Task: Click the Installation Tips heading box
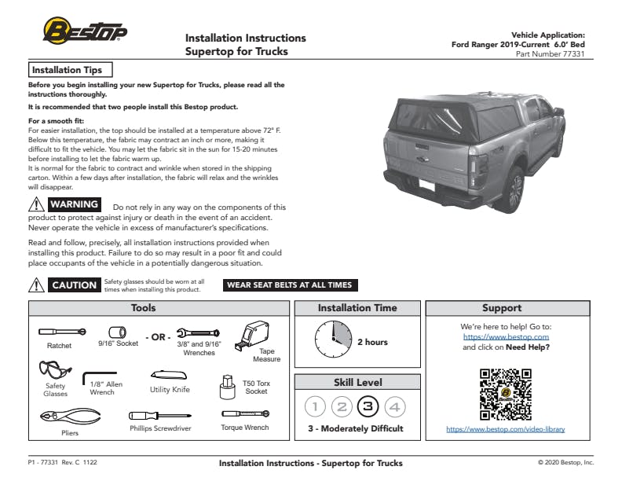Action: pos(71,70)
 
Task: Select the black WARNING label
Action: pos(75,205)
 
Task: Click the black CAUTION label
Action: pos(75,285)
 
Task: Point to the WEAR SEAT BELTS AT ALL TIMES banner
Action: pos(289,285)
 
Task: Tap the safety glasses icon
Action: pos(54,370)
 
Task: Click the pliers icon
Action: pos(60,416)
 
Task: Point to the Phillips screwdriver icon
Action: pos(160,415)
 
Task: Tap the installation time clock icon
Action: pos(333,340)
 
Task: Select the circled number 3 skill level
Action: pos(368,406)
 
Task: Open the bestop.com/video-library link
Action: pos(505,429)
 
